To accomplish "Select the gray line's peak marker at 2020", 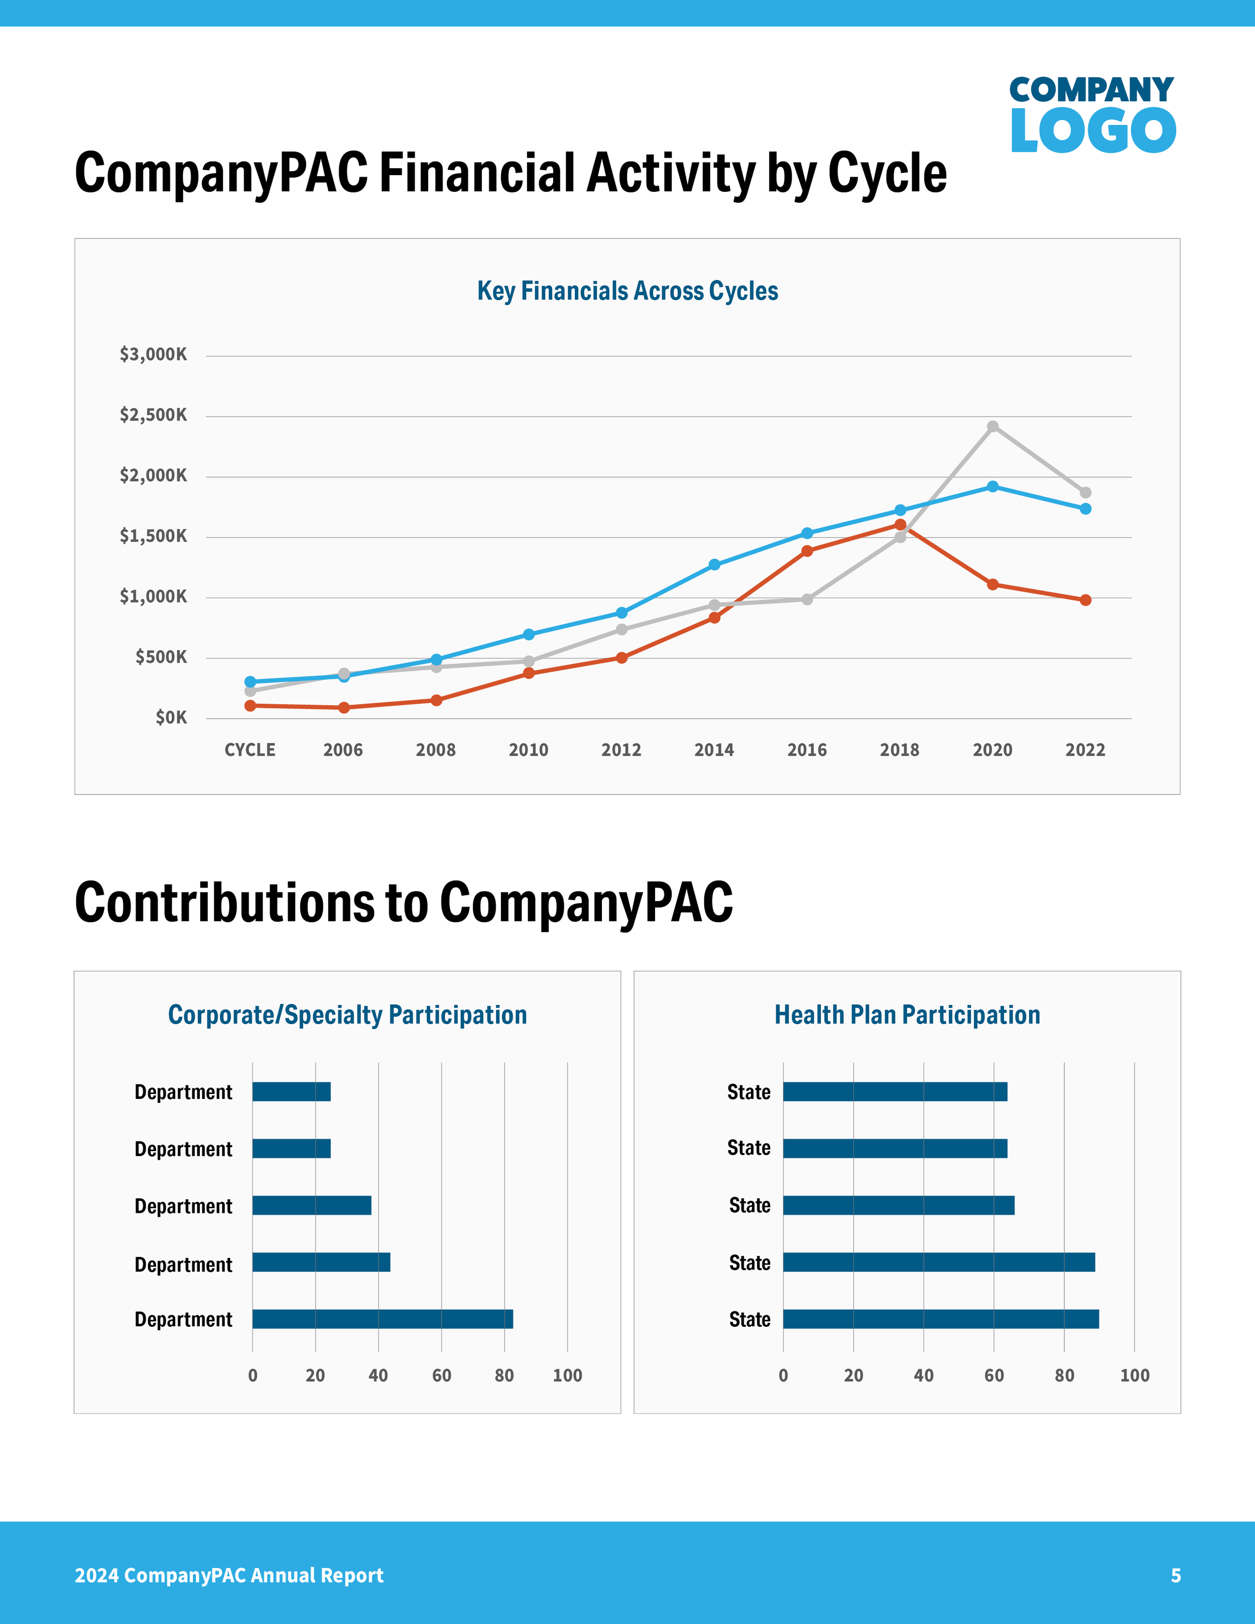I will (992, 426).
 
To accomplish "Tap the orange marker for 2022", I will (1085, 600).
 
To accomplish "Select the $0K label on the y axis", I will (171, 717).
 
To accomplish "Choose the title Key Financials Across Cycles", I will (627, 291).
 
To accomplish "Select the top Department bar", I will (292, 1091).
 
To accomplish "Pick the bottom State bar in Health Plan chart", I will (941, 1319).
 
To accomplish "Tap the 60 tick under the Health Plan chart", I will (994, 1376).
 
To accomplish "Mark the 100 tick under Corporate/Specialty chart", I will (567, 1376).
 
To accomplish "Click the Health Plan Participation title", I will (907, 1015).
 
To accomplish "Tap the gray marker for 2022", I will (1085, 492).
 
